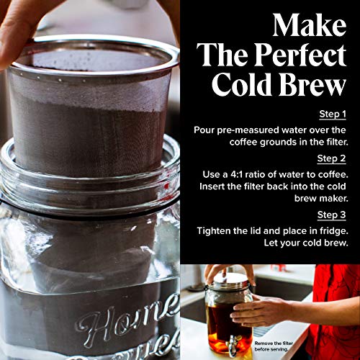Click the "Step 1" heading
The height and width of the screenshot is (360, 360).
333,114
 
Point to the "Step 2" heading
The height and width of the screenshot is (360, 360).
333,156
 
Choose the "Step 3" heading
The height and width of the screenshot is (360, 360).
333,214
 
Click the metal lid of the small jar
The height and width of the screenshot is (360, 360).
228,279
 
